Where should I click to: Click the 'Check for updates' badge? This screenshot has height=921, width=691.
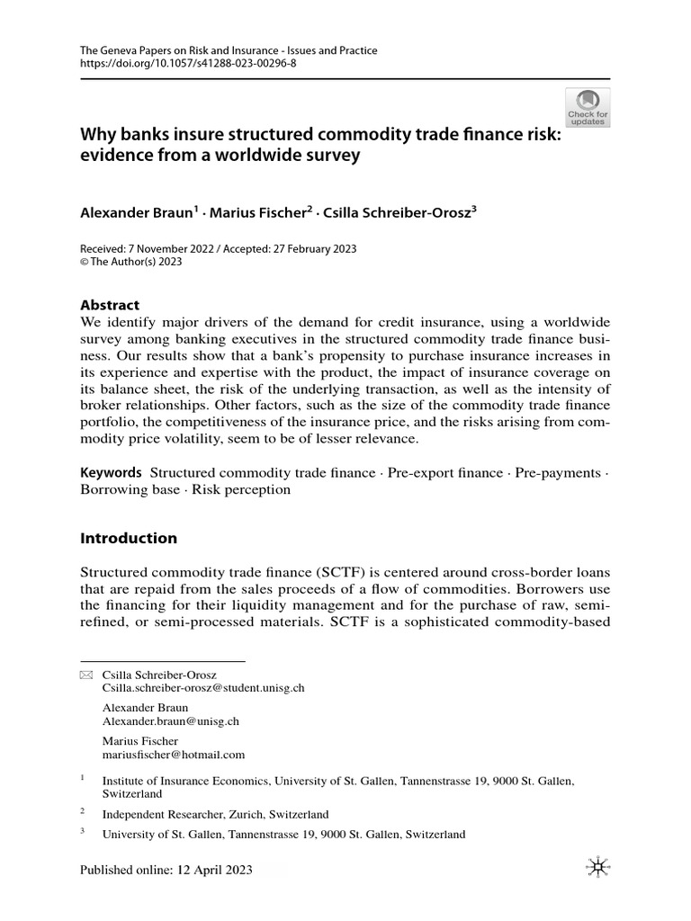click(x=588, y=107)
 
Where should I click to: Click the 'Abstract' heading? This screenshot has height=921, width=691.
click(x=110, y=305)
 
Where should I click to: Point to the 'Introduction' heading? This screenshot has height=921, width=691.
click(x=129, y=538)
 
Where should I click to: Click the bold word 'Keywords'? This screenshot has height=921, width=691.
click(x=111, y=472)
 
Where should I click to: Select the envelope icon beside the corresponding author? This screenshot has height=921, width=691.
click(x=86, y=674)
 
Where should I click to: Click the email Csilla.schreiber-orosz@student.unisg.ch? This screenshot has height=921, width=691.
click(x=204, y=687)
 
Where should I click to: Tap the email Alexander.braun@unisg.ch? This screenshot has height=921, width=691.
click(x=171, y=721)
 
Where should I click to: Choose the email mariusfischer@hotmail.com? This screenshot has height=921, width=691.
click(x=174, y=756)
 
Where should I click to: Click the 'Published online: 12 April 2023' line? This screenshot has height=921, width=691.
click(x=166, y=870)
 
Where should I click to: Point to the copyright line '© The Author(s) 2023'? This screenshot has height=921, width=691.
click(x=131, y=262)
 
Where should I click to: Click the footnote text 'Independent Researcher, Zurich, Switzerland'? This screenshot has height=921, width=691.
click(x=215, y=814)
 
